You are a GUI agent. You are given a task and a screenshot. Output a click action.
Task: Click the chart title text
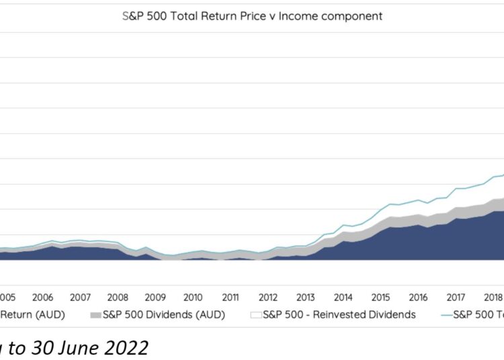point(252,16)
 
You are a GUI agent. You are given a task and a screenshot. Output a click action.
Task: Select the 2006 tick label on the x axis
point(42,297)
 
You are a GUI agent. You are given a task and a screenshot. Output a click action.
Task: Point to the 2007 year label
point(80,297)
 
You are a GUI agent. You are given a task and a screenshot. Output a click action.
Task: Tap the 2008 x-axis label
point(118,297)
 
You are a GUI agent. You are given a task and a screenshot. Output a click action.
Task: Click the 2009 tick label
point(155,297)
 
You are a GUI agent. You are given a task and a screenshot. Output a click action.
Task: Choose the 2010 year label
point(193,297)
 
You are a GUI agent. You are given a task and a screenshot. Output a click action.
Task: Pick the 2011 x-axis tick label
point(230,297)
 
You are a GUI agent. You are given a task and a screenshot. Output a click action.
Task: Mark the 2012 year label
point(268,297)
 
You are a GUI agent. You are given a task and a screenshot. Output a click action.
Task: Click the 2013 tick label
point(306,297)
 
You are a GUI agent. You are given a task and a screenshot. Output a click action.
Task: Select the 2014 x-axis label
point(343,297)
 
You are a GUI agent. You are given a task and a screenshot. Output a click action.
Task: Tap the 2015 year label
point(381,297)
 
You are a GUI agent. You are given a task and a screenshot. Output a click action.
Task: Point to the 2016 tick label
point(419,297)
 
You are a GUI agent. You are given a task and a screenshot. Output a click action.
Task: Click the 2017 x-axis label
point(456,297)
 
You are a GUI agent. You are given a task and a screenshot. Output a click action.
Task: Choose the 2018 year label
point(493,297)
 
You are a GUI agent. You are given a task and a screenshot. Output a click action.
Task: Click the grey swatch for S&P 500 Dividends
point(95,314)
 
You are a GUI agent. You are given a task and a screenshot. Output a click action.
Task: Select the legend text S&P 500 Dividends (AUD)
point(163,314)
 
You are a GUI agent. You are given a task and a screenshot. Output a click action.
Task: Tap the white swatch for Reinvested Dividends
point(255,314)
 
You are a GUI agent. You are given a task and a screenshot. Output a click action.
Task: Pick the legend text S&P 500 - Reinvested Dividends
point(339,314)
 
